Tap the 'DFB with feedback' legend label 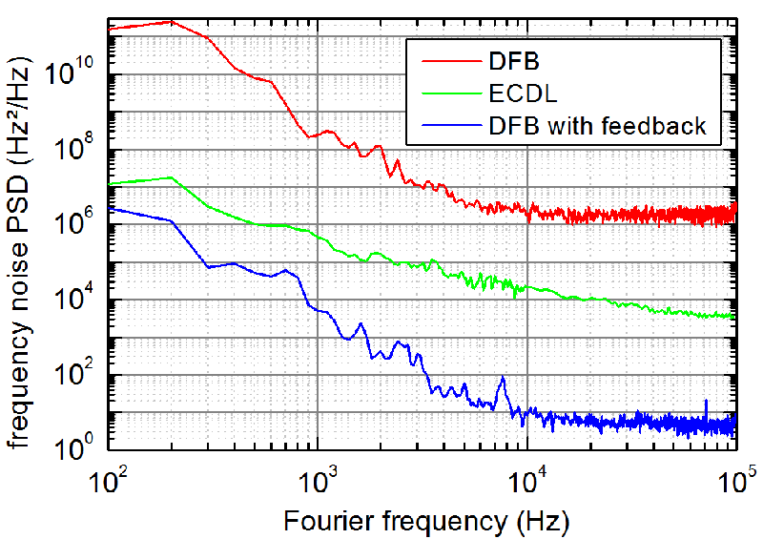click(597, 126)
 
